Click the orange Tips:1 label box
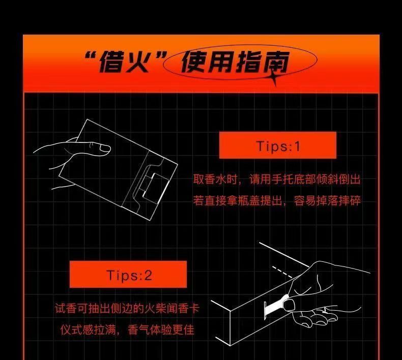[278, 145]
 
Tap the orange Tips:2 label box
[128, 275]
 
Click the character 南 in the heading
[276, 62]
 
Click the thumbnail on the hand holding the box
[105, 148]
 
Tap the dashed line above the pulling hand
[282, 272]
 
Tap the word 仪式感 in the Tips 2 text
[77, 329]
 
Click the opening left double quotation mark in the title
[91, 56]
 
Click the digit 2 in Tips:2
[148, 275]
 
